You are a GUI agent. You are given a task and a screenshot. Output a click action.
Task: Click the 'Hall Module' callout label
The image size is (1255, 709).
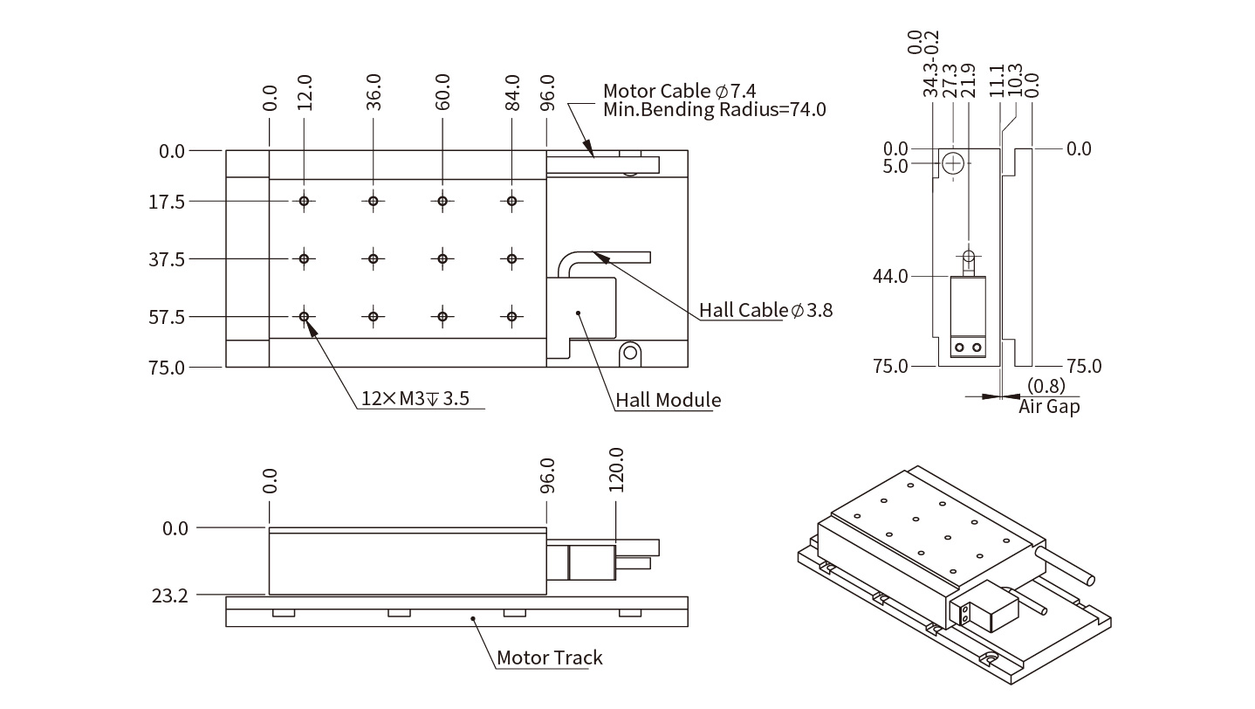[x=669, y=401]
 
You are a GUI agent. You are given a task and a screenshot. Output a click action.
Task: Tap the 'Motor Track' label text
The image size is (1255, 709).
[x=549, y=657]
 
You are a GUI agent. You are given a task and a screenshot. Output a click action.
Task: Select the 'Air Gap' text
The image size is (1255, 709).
[x=1048, y=406]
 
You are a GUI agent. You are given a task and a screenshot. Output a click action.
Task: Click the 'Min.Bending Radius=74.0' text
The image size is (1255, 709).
[x=714, y=110]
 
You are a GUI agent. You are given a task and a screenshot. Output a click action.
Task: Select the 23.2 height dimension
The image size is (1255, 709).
[x=170, y=596]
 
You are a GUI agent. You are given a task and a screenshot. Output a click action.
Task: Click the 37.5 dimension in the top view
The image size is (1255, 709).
[x=168, y=259]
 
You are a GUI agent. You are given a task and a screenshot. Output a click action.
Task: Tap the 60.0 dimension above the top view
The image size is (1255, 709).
[x=442, y=91]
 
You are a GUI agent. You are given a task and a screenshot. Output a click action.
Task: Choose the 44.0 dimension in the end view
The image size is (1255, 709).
[x=891, y=277]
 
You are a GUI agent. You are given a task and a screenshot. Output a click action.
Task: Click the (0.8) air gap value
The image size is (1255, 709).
[x=1046, y=386]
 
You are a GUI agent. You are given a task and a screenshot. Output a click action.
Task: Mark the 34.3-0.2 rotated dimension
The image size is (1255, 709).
[x=930, y=64]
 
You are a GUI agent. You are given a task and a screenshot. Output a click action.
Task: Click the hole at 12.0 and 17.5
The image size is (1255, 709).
[x=304, y=202]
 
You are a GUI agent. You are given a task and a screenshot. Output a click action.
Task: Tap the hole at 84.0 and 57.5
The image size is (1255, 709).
[x=512, y=316]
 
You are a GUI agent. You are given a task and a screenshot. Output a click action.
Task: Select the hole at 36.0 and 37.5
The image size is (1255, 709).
[x=374, y=259]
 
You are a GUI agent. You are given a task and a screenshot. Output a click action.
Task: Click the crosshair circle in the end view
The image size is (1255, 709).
[x=953, y=162]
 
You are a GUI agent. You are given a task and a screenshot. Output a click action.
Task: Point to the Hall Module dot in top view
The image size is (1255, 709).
[x=577, y=312]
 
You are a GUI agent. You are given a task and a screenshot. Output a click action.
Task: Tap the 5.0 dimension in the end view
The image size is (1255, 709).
[x=895, y=165]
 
